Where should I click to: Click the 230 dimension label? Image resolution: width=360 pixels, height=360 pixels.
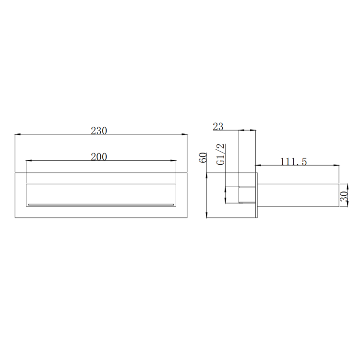coord(99,131)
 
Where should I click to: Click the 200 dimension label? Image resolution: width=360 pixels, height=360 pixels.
coord(99,157)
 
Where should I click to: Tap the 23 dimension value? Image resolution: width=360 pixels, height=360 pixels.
coord(218,127)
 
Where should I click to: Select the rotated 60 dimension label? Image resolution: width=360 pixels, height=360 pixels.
coord(203,157)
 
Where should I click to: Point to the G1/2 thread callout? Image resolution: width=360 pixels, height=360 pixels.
coord(221,154)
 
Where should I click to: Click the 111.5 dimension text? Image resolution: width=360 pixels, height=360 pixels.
coord(293,162)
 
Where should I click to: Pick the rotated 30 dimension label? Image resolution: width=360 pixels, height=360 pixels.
coord(344,196)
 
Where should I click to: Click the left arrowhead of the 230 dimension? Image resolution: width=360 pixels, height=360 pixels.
coord(18,134)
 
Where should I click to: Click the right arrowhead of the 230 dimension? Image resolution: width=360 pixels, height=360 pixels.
coord(184,134)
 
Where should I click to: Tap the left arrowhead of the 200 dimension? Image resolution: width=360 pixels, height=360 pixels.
coord(29,160)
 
